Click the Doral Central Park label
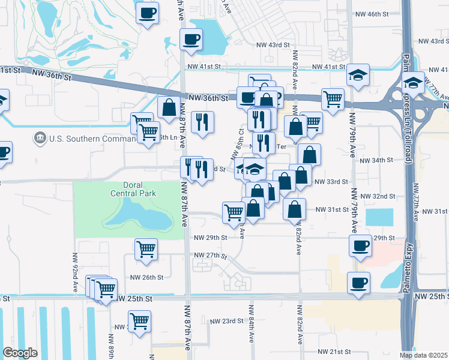coord(133,189)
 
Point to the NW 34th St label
coord(376,161)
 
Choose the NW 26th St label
coord(147,277)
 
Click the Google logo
coord(20,352)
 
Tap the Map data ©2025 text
coord(423,355)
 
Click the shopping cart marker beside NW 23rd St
coord(139,320)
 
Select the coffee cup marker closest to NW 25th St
coord(359,282)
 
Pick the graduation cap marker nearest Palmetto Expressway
coord(413,82)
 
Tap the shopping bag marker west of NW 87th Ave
coord(169,108)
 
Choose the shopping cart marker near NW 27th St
coord(146,248)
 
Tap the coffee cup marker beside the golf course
coord(148,12)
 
